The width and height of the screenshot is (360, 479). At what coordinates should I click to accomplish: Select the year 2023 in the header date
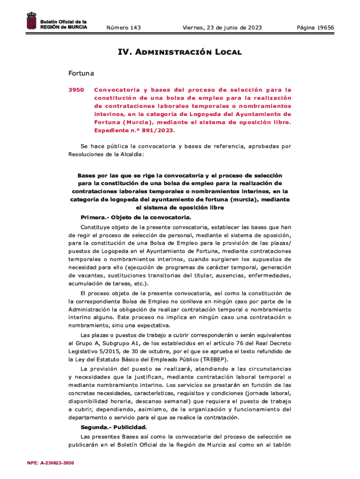tap(252, 28)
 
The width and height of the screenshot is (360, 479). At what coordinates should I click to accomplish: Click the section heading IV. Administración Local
tap(180, 52)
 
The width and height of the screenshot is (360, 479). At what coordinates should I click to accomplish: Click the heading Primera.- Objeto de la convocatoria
tap(136, 218)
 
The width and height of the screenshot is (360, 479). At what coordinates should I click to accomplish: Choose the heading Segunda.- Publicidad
tap(114, 427)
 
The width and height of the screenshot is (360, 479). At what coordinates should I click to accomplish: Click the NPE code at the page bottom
tap(50, 463)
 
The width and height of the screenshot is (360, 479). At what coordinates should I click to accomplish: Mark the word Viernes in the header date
tap(193, 28)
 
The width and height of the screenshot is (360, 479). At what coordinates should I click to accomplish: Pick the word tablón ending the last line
tap(281, 445)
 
